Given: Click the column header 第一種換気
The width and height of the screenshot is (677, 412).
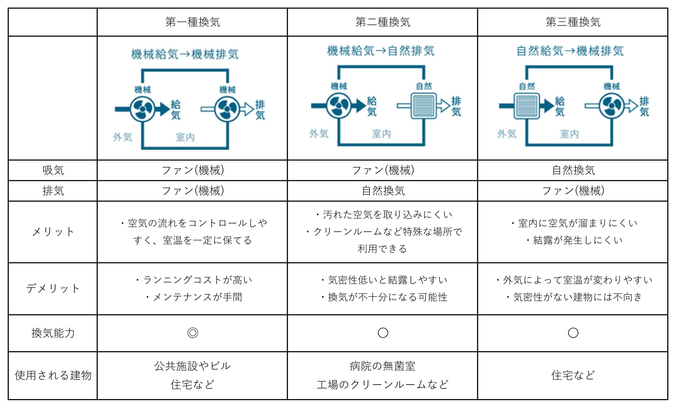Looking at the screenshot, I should point(193,22).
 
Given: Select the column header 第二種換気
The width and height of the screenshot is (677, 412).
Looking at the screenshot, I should point(383,22).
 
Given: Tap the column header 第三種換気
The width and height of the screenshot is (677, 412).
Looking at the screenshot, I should point(573,22).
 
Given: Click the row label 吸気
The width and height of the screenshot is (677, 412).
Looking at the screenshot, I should point(53,170).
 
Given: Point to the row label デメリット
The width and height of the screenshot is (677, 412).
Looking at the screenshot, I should point(53,289).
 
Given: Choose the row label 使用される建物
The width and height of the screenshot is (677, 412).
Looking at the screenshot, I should point(53,375).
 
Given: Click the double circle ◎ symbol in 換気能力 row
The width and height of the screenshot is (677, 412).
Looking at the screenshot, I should point(193,333).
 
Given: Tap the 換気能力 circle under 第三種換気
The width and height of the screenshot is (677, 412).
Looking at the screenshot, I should point(573,333).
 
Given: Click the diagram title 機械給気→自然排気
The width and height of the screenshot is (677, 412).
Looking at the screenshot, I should point(381,51).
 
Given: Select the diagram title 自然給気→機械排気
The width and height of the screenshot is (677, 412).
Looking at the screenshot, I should point(570,51).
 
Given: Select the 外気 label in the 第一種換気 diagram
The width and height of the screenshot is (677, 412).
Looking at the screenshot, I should point(122,137).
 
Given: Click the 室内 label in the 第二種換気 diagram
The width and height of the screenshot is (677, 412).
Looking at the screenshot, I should point(381,134).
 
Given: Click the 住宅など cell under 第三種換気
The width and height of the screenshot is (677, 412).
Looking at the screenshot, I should point(573,375).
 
